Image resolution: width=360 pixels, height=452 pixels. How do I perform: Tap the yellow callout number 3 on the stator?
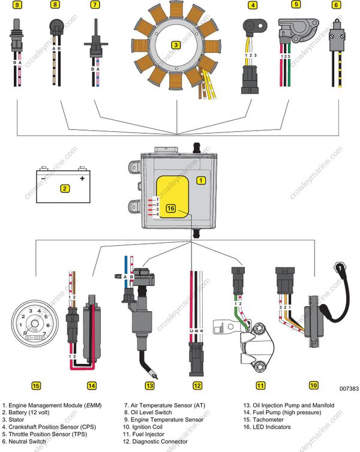point(175,44)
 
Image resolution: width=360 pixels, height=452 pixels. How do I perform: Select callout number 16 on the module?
point(170,209)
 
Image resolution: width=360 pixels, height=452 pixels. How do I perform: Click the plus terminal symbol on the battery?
point(82,177)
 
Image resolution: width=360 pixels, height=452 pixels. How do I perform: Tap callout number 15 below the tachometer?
point(36,385)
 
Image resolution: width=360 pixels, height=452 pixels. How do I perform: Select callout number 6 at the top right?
point(336,5)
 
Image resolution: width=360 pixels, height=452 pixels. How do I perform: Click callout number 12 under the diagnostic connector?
point(197,385)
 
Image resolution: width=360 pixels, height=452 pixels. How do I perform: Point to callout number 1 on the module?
point(201,179)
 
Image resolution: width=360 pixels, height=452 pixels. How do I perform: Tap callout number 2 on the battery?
point(64,188)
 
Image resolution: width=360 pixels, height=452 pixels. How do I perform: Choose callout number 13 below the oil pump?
point(149,385)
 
